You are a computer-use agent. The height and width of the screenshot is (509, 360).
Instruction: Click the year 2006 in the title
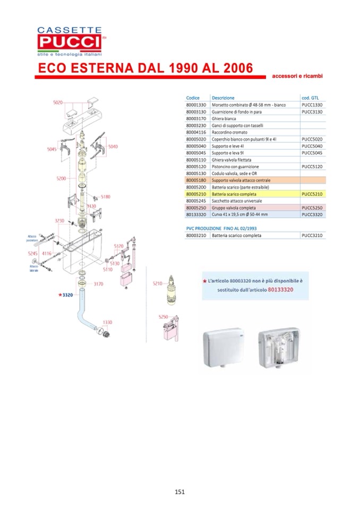coord(235,68)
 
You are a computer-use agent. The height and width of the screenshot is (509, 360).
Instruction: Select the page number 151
coord(179,491)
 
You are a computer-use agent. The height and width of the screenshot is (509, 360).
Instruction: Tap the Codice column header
coord(193,98)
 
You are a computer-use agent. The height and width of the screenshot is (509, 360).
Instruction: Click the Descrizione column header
coord(223,98)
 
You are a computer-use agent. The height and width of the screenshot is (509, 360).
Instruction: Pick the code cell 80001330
coord(196,105)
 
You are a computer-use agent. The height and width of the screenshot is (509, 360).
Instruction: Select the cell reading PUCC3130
coord(312,111)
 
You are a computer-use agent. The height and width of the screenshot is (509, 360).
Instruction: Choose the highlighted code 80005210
coord(196,194)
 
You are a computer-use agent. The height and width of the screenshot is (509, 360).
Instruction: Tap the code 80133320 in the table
coord(196,214)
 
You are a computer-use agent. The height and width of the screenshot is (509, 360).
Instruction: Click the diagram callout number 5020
coord(58,102)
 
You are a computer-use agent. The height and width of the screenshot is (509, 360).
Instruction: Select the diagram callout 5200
coord(61,178)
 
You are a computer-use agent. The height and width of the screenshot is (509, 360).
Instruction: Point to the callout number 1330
coord(108,322)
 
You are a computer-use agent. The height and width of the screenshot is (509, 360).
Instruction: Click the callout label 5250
coord(163,317)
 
